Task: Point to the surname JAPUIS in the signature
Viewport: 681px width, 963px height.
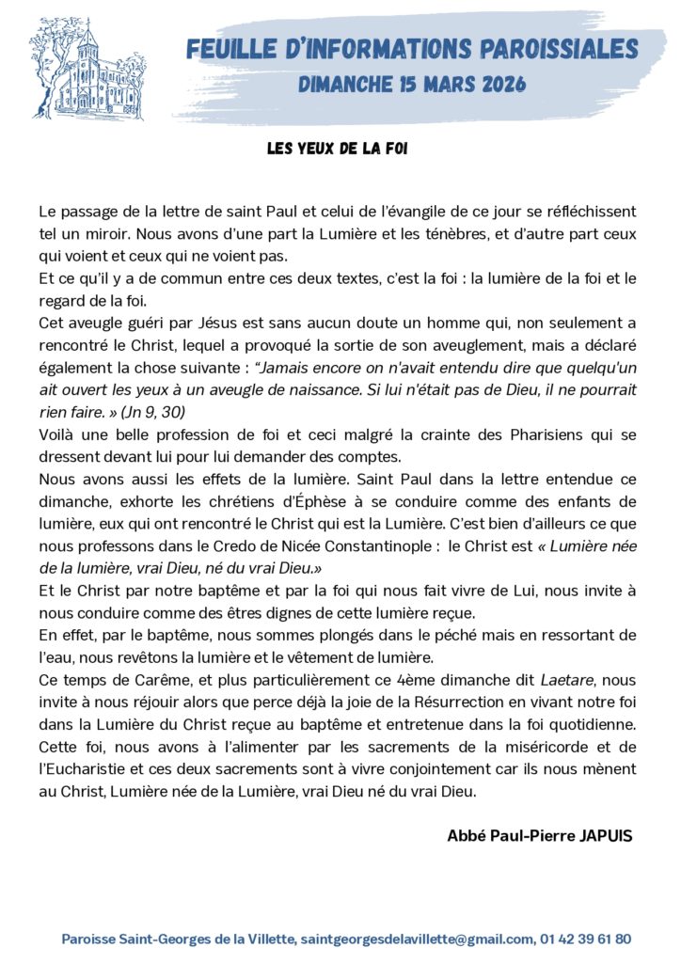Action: click(599, 836)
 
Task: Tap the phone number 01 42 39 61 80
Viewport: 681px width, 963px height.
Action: click(586, 939)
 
